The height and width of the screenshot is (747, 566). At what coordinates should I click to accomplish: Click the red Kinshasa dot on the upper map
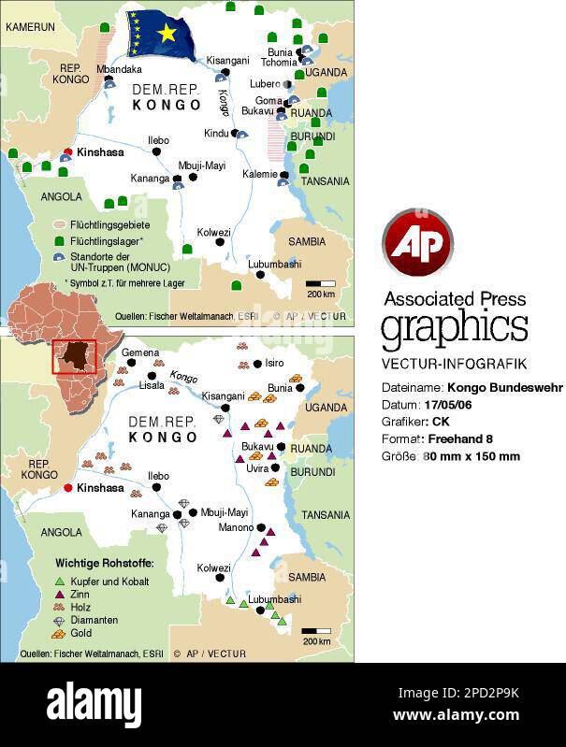pyautogui.click(x=67, y=151)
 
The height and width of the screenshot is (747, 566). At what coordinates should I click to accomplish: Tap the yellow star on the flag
pyautogui.click(x=167, y=34)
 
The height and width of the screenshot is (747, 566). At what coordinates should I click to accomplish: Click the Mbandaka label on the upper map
pyautogui.click(x=119, y=69)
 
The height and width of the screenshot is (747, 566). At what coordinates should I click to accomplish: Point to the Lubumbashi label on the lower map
pyautogui.click(x=274, y=599)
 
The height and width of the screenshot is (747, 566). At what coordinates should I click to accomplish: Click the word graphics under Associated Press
pyautogui.click(x=454, y=329)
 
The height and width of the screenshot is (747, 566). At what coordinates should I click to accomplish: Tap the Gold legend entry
pyautogui.click(x=81, y=633)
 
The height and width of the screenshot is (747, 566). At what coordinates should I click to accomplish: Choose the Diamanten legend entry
pyautogui.click(x=94, y=620)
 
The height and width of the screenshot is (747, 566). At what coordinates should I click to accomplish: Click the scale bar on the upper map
pyautogui.click(x=321, y=282)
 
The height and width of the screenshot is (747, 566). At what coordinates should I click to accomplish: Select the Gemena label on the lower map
pyautogui.click(x=140, y=352)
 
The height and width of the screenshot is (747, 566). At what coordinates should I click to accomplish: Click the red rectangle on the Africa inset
pyautogui.click(x=74, y=357)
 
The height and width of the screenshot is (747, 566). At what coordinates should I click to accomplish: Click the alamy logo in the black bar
pyautogui.click(x=94, y=703)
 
